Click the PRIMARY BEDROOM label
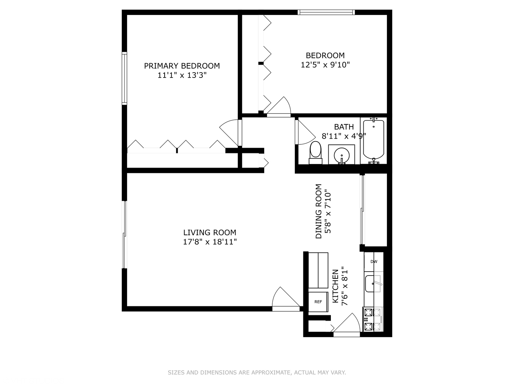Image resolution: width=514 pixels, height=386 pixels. click(182, 66)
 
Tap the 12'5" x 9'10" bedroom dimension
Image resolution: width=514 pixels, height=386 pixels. click(325, 65)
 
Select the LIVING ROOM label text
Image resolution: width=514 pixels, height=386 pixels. click(210, 232)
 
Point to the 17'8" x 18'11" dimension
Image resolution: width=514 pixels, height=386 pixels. click(210, 242)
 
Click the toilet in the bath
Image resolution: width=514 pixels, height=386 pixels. click(316, 153)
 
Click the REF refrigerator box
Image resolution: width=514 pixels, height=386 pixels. click(318, 302)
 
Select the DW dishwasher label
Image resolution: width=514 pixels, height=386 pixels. click(374, 262)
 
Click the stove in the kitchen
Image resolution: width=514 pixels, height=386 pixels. click(373, 319)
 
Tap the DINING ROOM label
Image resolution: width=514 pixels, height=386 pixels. click(319, 211)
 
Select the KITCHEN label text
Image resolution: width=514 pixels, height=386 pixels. click(336, 286)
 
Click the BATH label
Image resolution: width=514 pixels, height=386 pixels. click(344, 127)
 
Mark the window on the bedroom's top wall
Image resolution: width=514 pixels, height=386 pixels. click(326, 12)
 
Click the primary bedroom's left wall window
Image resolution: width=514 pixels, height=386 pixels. click(124, 78)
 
